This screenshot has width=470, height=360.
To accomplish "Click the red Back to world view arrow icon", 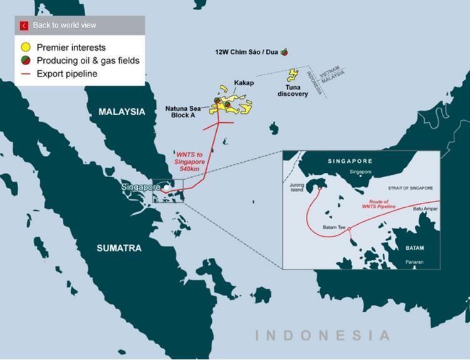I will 24,26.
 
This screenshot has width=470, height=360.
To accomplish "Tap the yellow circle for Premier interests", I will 26,48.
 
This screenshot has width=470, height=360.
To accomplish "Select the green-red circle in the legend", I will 26,61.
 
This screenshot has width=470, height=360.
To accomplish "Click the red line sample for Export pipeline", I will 26,74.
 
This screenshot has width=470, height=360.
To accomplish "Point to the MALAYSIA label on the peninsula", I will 122,111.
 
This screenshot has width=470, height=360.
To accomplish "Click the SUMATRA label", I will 119,249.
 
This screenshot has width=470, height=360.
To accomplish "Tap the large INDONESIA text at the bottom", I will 322,336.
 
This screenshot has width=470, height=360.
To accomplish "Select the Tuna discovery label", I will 293,90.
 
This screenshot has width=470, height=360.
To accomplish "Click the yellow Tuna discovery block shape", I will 292,75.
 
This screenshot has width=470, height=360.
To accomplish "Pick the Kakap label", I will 244,83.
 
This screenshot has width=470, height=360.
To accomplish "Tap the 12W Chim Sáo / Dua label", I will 246,52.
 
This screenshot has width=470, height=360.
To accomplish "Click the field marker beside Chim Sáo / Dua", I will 284,52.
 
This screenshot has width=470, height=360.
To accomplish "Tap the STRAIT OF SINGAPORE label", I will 410,188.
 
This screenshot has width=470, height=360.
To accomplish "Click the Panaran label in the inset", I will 414,262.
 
